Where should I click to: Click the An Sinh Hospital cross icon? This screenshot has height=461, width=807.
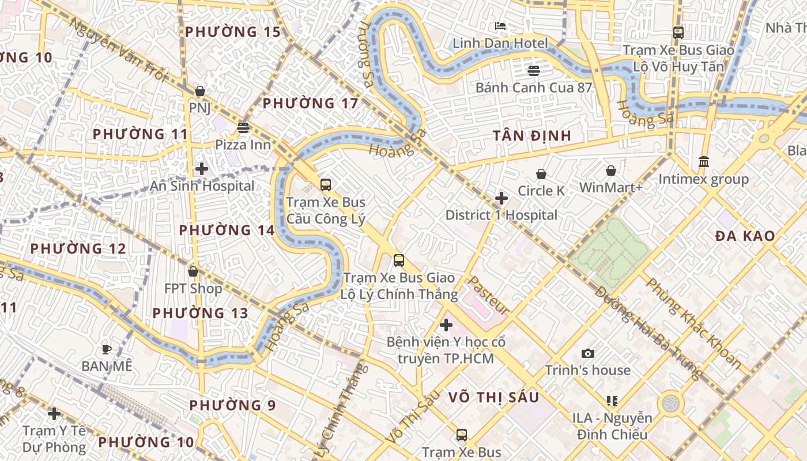click(202, 169)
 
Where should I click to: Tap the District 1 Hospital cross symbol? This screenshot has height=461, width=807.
click(501, 198)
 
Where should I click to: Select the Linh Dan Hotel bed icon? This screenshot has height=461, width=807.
click(500, 26)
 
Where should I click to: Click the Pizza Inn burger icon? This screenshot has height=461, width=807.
click(243, 127)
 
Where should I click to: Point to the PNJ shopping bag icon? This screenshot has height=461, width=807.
click(200, 91)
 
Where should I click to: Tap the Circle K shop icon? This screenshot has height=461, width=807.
click(541, 173)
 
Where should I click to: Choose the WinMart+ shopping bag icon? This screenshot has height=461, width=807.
click(611, 171)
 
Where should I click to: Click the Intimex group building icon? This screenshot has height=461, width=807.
click(703, 162)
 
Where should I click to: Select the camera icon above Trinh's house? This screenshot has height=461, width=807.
click(588, 353)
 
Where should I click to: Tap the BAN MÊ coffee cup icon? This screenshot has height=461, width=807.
click(107, 349)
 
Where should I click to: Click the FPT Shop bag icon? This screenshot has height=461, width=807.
click(193, 271)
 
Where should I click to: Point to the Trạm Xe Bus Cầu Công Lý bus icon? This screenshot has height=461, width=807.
click(326, 185)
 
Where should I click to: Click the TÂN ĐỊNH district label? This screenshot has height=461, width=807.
click(532, 136)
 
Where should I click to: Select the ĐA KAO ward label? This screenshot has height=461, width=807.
click(745, 236)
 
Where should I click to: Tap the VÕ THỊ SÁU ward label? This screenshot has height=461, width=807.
click(493, 396)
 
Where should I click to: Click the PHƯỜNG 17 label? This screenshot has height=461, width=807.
click(310, 104)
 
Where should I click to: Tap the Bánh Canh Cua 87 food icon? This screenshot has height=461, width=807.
click(534, 71)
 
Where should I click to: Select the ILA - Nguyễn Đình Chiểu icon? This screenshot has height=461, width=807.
click(612, 400)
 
